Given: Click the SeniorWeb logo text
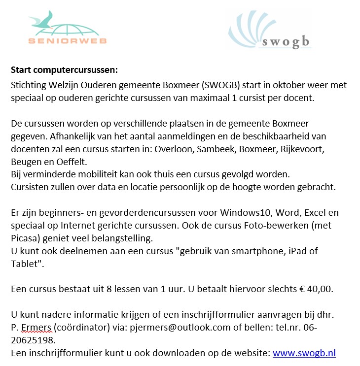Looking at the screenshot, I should pos(68,40).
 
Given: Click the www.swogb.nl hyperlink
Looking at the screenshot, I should pos(304,353).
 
